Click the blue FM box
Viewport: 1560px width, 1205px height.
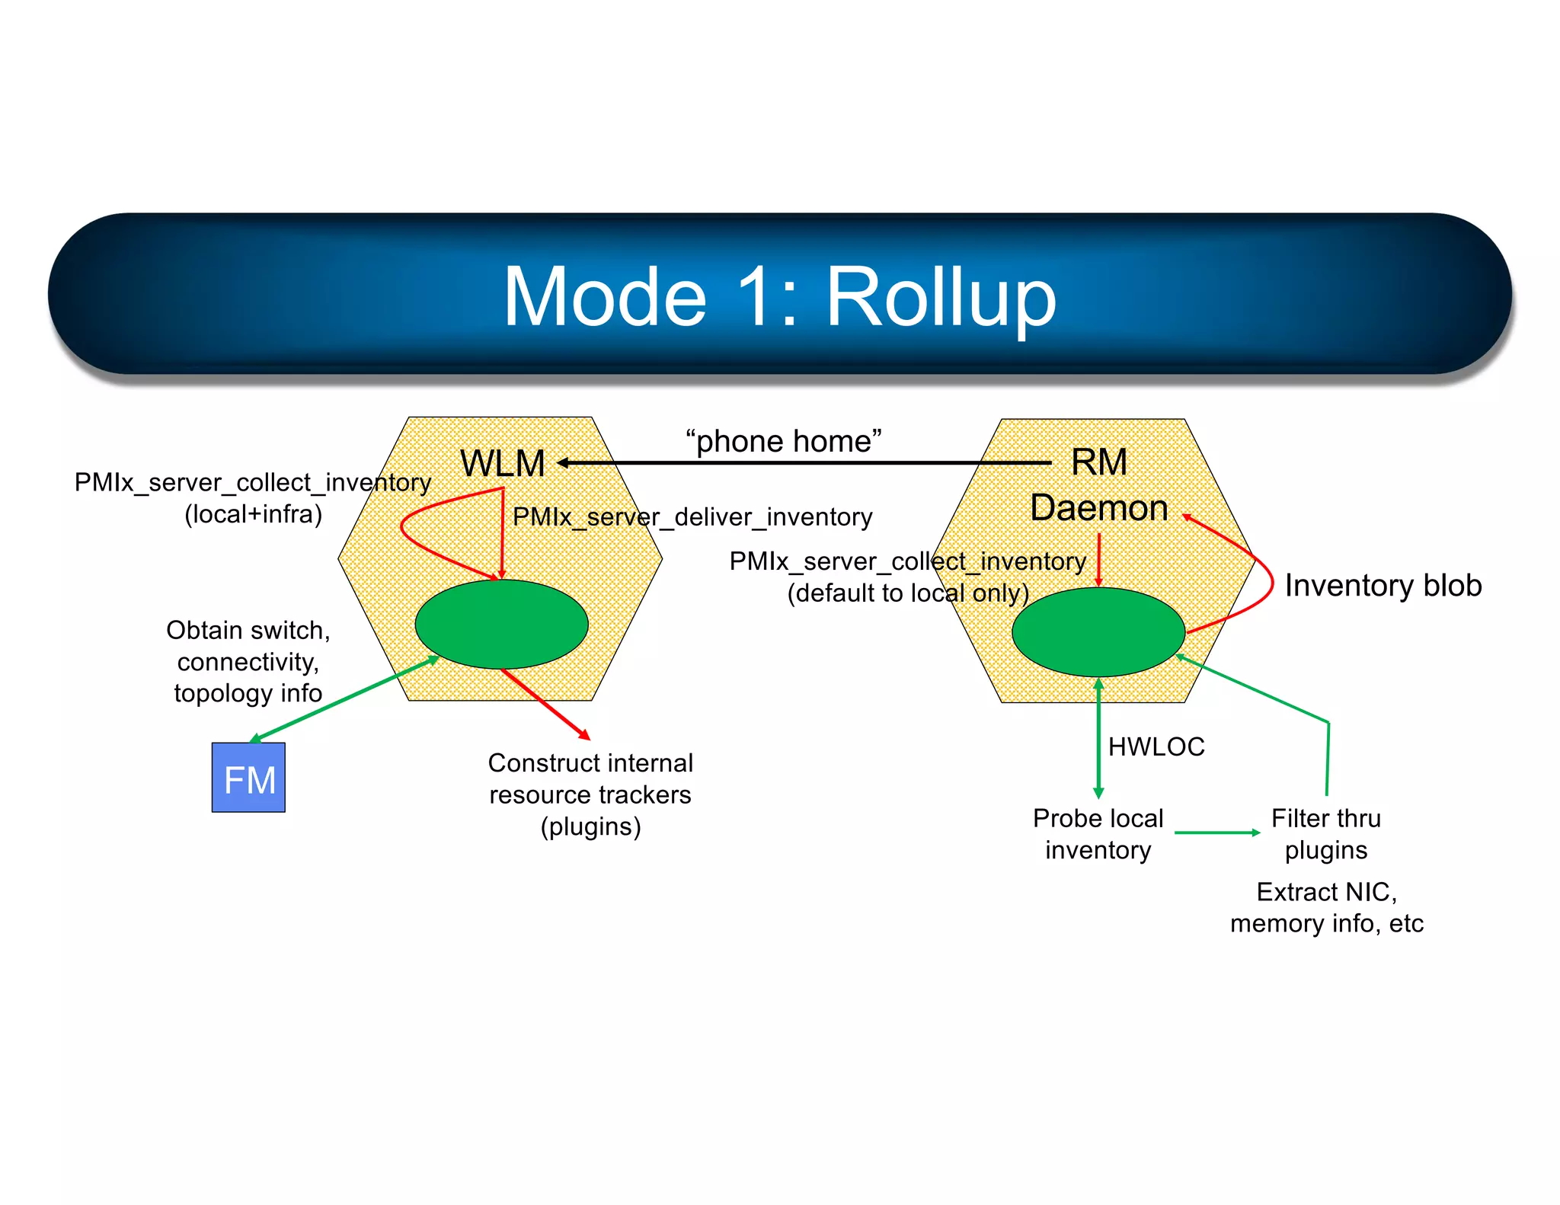(248, 778)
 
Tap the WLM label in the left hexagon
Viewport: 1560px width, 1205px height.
(503, 463)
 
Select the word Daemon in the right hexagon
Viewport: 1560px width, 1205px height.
(1098, 508)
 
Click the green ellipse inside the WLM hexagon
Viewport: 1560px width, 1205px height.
(501, 624)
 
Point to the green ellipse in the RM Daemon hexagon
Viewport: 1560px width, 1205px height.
(1098, 631)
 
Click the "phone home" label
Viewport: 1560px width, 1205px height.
(783, 441)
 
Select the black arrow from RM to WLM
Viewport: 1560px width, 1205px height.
(800, 462)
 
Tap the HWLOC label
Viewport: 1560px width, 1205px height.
(1156, 746)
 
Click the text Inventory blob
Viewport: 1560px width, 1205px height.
(1383, 585)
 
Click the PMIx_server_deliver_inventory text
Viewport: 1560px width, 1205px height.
(692, 517)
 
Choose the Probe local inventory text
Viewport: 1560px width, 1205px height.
(1098, 834)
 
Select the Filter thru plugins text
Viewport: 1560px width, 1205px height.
(1325, 834)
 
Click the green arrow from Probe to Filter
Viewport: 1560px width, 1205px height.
(1216, 833)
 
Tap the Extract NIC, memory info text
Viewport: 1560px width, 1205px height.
(1326, 907)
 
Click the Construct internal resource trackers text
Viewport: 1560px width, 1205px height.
(590, 794)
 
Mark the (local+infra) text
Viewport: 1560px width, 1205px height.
(253, 514)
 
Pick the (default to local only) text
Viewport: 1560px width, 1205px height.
(907, 593)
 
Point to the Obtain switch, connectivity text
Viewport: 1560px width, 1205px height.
(248, 661)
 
